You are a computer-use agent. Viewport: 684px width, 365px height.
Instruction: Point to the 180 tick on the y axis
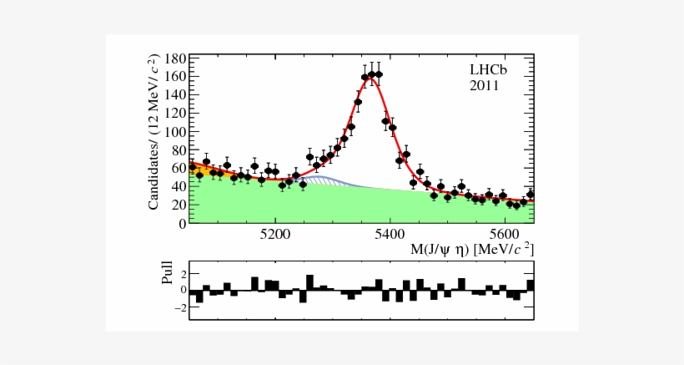point(175,58)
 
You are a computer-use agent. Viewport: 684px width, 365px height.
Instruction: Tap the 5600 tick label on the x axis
point(505,234)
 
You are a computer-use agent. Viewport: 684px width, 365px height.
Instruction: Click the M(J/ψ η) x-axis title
point(471,250)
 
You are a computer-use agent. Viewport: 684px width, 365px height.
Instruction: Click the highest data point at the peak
point(378,74)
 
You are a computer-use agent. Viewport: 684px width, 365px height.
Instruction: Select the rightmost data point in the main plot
point(531,194)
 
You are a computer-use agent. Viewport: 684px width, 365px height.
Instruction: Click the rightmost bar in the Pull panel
point(531,285)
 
